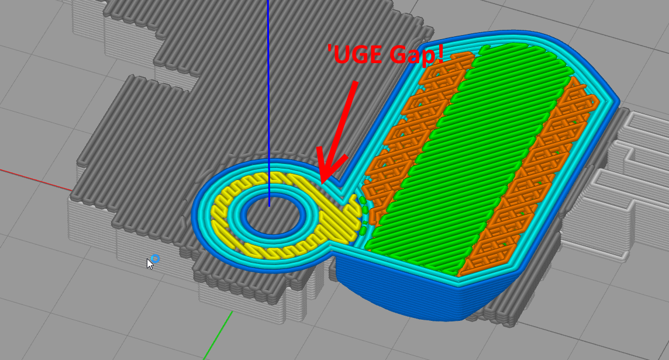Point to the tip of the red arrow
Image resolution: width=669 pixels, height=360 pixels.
coord(322,184)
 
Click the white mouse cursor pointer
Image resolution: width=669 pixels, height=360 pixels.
coord(150,264)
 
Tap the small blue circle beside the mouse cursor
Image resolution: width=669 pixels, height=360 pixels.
coord(156,258)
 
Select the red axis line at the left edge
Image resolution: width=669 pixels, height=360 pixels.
coord(36,179)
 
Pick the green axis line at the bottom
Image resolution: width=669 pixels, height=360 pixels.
coord(219,335)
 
